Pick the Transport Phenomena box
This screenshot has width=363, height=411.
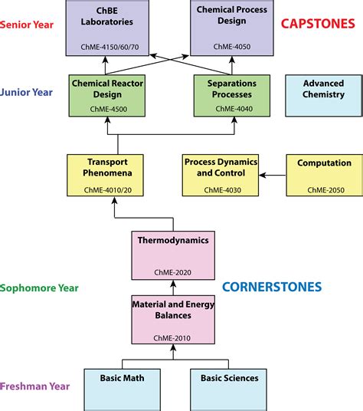(107, 175)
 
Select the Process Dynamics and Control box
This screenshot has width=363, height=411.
(221, 175)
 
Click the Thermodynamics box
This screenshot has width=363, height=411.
(173, 255)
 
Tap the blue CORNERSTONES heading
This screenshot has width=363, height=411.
(272, 288)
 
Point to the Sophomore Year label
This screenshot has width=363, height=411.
(39, 288)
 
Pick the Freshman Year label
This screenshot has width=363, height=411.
(34, 386)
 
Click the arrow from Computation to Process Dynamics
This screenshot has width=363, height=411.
(272, 175)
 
